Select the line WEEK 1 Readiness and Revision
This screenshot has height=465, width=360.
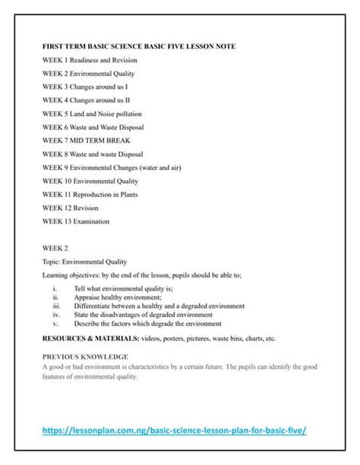click(90, 60)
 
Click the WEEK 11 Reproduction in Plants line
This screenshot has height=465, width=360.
click(95, 195)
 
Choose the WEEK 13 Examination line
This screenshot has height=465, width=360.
click(76, 222)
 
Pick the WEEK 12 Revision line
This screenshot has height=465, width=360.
click(71, 208)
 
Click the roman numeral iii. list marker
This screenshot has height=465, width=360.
click(56, 306)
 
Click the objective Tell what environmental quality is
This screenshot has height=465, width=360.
click(123, 289)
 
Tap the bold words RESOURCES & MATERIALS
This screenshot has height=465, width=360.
click(90, 339)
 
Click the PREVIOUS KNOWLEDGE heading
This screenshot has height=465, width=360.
click(85, 356)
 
